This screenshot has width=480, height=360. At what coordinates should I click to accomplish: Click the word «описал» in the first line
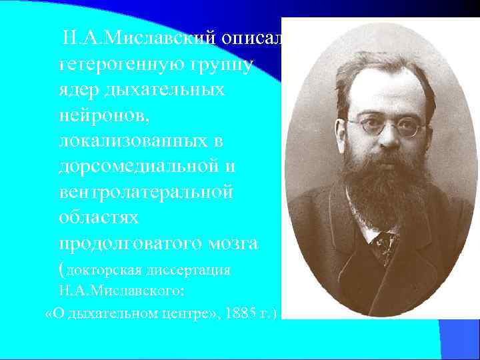252,37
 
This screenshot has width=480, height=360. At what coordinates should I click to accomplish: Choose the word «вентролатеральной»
146,193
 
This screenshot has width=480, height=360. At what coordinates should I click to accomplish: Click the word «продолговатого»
127,245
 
